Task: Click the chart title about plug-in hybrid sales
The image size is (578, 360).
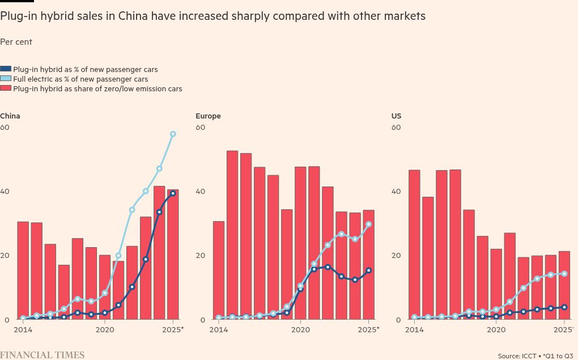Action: click(212, 16)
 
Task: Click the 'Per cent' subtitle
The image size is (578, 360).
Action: click(16, 42)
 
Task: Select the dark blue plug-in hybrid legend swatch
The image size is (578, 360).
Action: click(6, 69)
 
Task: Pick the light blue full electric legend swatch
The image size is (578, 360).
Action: click(6, 79)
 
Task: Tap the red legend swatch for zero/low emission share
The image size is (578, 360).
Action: click(6, 88)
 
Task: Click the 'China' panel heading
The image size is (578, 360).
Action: click(10, 116)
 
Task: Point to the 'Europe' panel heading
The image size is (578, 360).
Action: click(208, 116)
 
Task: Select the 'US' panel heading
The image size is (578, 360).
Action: click(396, 116)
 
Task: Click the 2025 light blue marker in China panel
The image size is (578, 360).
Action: click(173, 134)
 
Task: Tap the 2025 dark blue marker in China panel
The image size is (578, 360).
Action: click(173, 193)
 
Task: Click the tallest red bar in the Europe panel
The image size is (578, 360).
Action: click(232, 235)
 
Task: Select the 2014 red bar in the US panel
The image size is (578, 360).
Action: click(414, 244)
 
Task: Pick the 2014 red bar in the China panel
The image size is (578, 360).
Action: click(23, 270)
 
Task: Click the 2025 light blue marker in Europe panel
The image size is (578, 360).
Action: click(369, 225)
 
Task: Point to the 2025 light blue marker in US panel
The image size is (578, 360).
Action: click(564, 274)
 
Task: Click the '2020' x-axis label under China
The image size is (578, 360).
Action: click(105, 329)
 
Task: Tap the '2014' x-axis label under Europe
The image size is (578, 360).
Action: click(219, 329)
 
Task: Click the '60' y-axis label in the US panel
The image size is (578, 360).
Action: click(396, 128)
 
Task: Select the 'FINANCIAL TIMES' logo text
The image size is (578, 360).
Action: click(42, 355)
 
